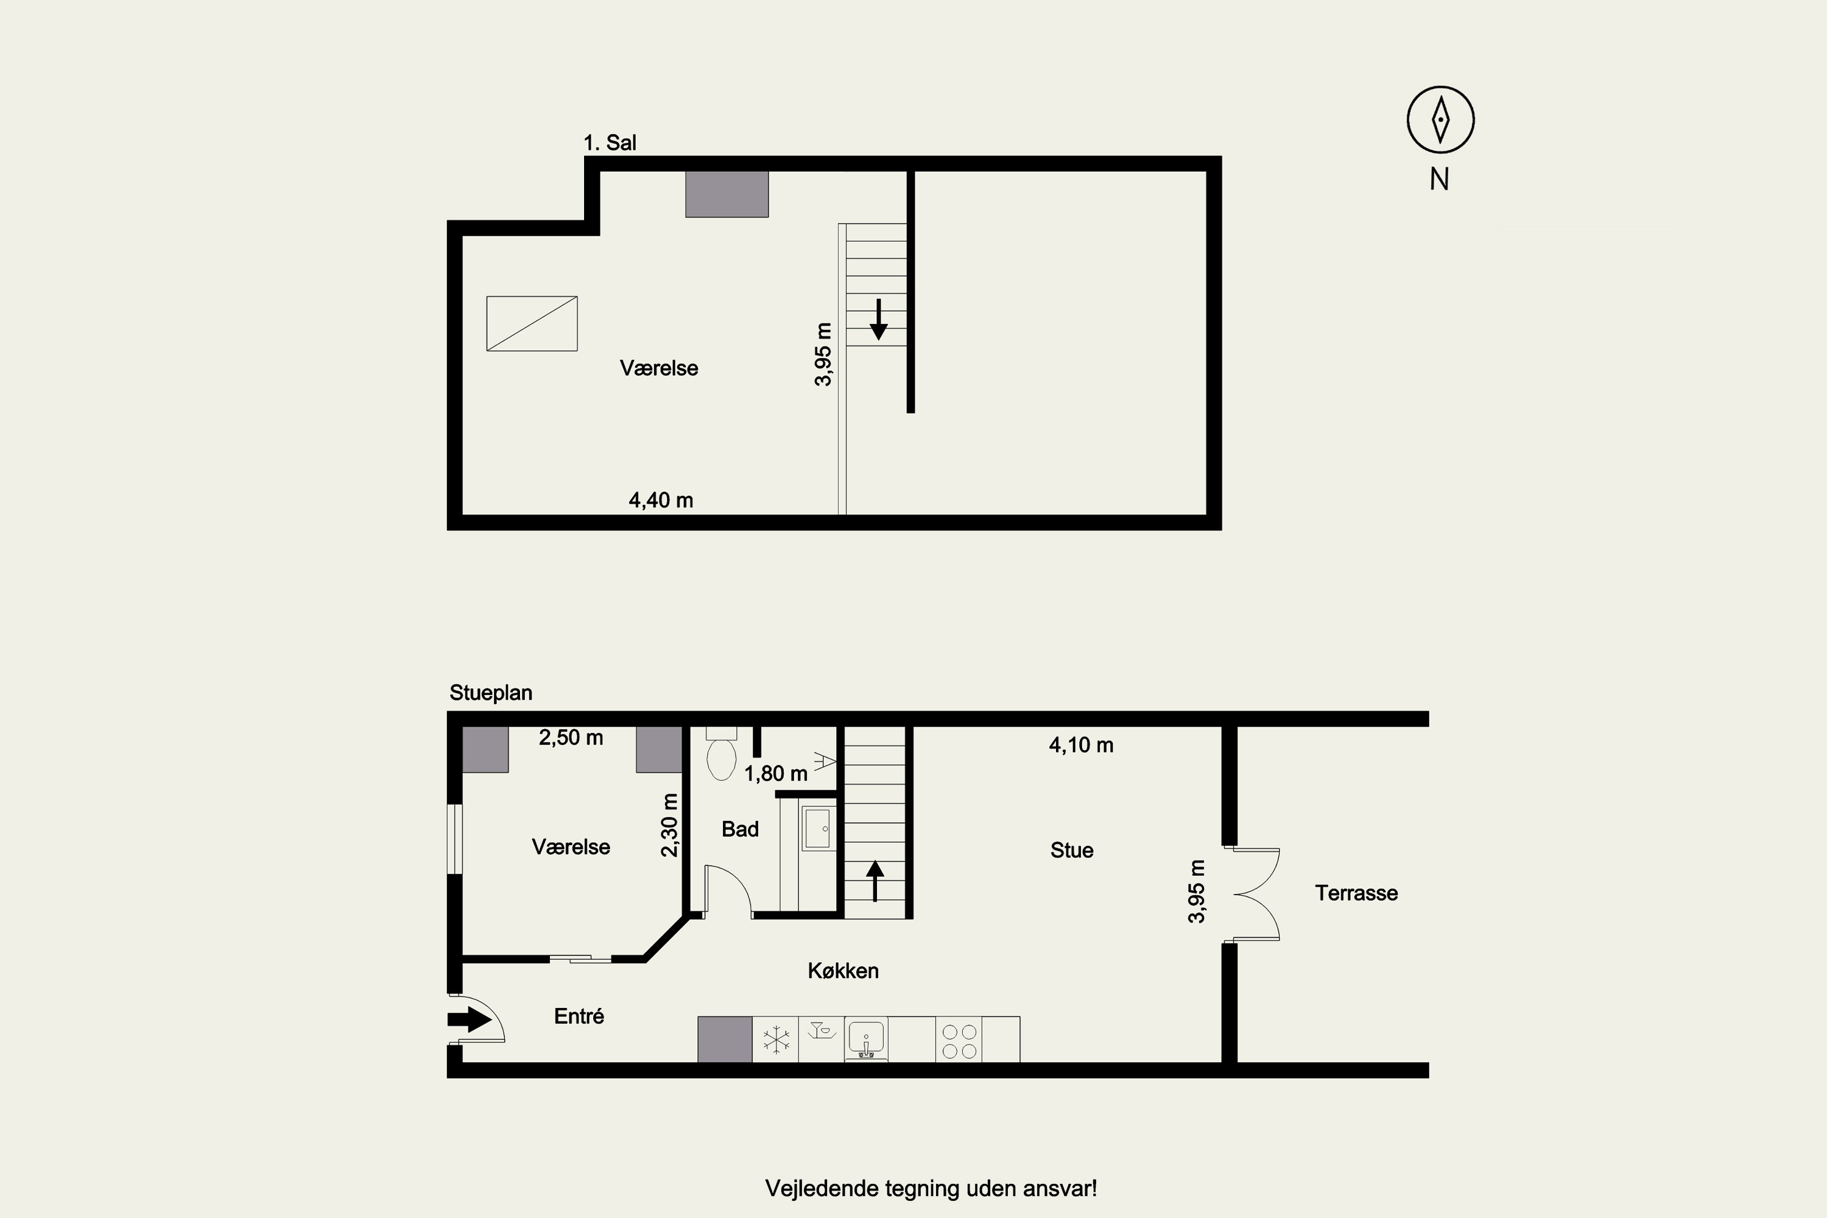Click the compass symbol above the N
coord(1440,119)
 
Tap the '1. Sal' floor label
coord(610,143)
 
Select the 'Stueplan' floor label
coord(491,693)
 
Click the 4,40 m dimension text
coord(661,500)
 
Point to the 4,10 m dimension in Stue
coord(1082,745)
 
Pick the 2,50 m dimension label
coord(571,737)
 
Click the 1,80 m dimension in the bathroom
coord(776,773)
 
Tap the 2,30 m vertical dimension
coord(669,825)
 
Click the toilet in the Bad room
coord(722,753)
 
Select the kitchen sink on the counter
coord(866,1038)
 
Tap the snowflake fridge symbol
coord(776,1040)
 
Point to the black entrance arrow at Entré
coord(469,1019)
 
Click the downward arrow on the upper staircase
coord(879,319)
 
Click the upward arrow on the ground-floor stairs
coord(876,881)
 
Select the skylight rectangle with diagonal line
coord(532,323)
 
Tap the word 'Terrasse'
coord(1356,893)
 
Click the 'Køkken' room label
coord(843,971)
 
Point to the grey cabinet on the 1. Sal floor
coord(727,194)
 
